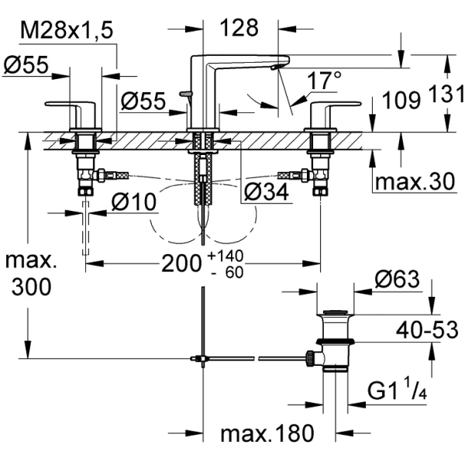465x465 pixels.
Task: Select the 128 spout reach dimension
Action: pyautogui.click(x=238, y=29)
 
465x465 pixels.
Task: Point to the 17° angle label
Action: pyautogui.click(x=324, y=79)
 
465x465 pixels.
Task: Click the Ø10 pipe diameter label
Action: pyautogui.click(x=135, y=202)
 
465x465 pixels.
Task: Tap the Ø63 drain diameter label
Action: pyautogui.click(x=398, y=278)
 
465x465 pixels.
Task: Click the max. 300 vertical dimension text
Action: pyautogui.click(x=30, y=272)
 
